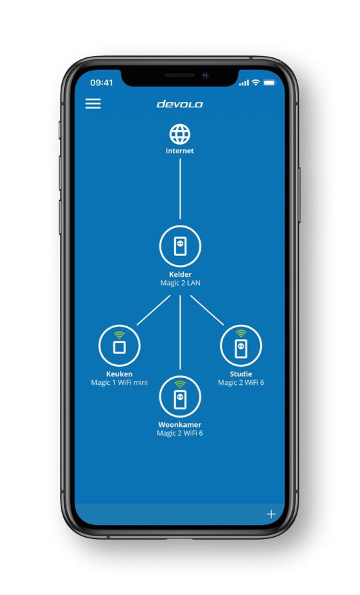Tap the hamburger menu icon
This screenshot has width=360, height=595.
pyautogui.click(x=93, y=103)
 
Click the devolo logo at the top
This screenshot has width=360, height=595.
pyautogui.click(x=180, y=104)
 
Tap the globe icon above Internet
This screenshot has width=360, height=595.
pyautogui.click(x=180, y=134)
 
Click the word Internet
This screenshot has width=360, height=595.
pyautogui.click(x=180, y=151)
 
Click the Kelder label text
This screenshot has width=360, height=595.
pyautogui.click(x=180, y=274)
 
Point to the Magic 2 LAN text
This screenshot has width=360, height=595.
pyautogui.click(x=180, y=283)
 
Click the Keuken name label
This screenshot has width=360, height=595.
pyautogui.click(x=119, y=374)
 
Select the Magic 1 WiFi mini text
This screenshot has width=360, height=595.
pyautogui.click(x=119, y=382)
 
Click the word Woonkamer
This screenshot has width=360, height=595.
pyautogui.click(x=180, y=425)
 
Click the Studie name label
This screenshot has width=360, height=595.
pyautogui.click(x=241, y=374)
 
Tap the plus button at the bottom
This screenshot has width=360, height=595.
pyautogui.click(x=271, y=514)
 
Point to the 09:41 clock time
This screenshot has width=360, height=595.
pyautogui.click(x=101, y=83)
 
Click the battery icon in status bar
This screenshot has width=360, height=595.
pyautogui.click(x=269, y=82)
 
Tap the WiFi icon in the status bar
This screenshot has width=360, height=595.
pyautogui.click(x=256, y=82)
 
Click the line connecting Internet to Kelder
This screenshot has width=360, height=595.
pyautogui.click(x=180, y=189)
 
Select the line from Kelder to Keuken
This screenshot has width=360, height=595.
pyautogui.click(x=153, y=310)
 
